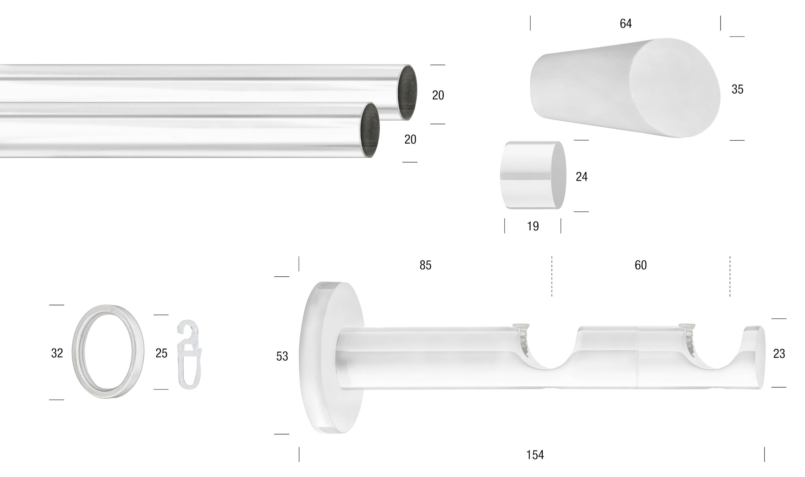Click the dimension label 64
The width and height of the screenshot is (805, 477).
626,23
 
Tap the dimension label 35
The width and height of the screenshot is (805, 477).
737,89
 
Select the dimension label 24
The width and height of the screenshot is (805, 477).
581,177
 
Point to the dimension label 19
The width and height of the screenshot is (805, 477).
533,226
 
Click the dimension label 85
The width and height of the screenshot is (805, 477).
425,265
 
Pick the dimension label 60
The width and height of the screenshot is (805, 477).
640,265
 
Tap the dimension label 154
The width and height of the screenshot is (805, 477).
535,455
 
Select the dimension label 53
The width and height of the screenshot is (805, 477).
282,356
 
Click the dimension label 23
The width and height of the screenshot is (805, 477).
779,354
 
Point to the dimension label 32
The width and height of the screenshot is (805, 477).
57,353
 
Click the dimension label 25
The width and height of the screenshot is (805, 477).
161,353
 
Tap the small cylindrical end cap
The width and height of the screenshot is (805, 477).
533,175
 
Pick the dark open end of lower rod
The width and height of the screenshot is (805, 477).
370,130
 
